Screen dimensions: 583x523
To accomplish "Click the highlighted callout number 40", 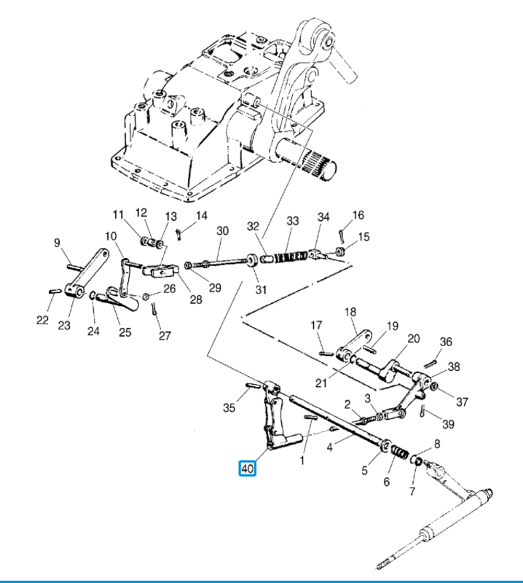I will (247, 469).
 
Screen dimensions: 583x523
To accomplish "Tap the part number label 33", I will (293, 221).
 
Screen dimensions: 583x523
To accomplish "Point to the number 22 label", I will (42, 319).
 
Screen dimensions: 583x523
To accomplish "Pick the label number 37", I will (463, 402).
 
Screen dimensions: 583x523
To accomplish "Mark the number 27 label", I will (165, 336).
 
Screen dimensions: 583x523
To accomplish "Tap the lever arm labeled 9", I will (93, 272).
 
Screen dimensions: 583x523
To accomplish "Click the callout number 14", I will (202, 216).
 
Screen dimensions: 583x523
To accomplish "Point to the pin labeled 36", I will (433, 359).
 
